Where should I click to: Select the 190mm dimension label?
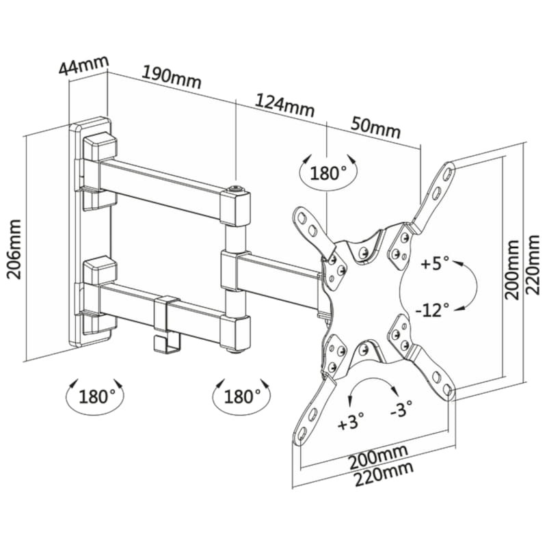click(x=172, y=77)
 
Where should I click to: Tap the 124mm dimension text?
click(x=284, y=105)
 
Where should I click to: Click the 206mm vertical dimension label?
click(x=14, y=249)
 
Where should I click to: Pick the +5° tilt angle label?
click(x=435, y=263)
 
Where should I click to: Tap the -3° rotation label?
click(x=401, y=408)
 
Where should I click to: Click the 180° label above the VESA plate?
click(x=328, y=173)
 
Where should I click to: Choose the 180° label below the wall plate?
click(x=96, y=397)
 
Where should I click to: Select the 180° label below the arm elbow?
click(x=242, y=397)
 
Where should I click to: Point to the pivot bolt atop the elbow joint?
click(x=236, y=190)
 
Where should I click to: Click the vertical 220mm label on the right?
click(x=533, y=265)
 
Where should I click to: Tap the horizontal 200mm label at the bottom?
click(x=379, y=457)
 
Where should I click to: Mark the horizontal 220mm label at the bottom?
click(x=384, y=473)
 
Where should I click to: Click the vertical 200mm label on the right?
click(x=512, y=269)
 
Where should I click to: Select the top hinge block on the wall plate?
click(x=100, y=146)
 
